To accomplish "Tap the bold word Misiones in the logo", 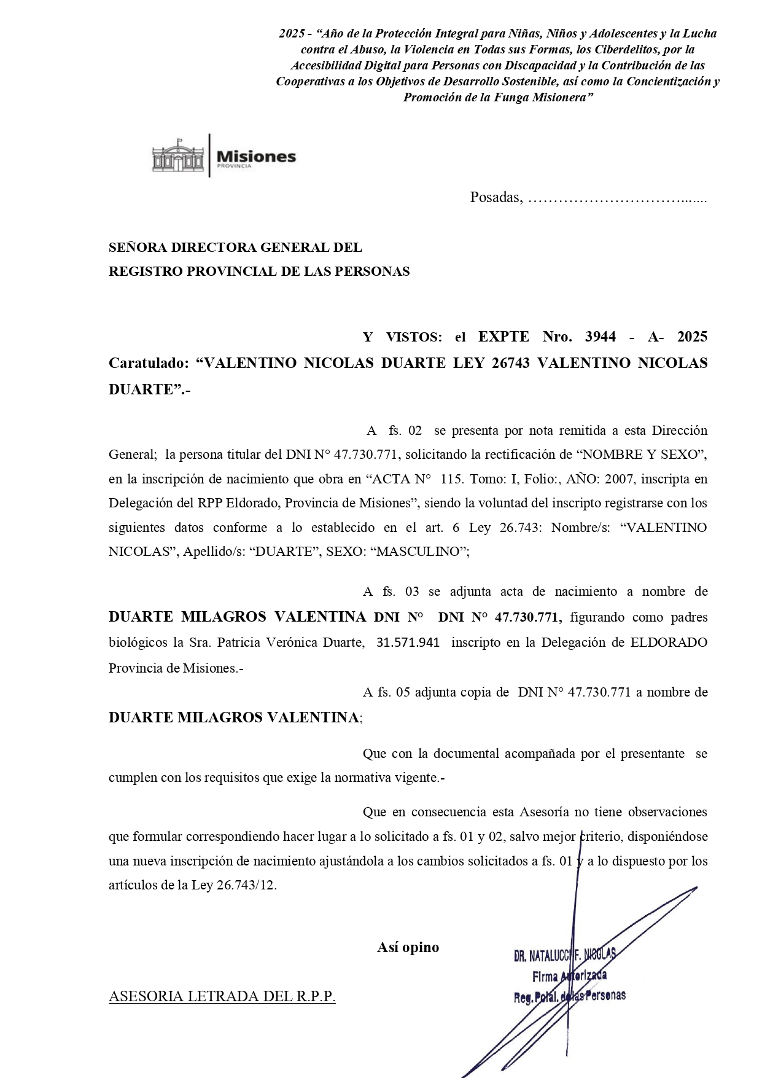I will point(256,156).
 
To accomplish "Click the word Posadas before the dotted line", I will point(495,197).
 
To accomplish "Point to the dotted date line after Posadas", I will point(617,198).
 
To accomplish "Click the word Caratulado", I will point(147,363).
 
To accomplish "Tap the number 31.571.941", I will point(408,643).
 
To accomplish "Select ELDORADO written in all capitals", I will point(669,643).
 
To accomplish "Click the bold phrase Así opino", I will point(408,947).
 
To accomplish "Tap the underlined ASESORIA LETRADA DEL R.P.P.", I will point(222,996).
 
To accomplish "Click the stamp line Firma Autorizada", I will point(569,975).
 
